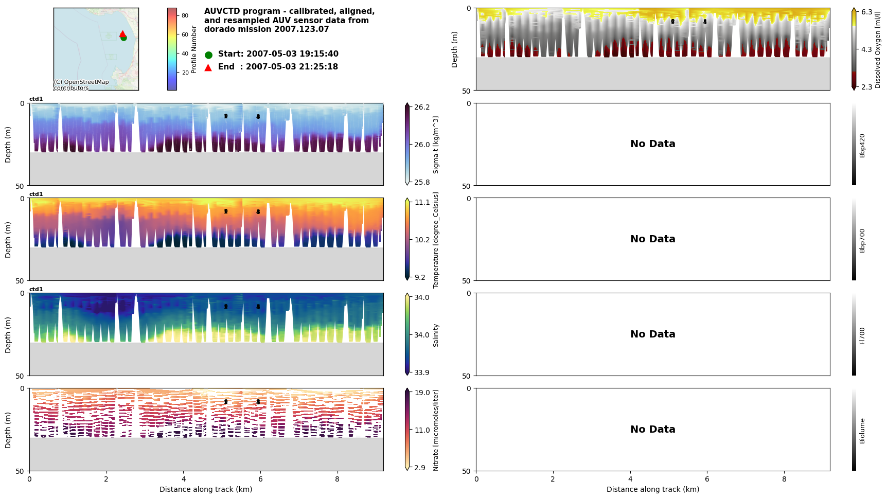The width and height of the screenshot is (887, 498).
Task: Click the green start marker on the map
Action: click(x=123, y=38)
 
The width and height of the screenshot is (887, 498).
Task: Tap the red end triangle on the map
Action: click(x=122, y=34)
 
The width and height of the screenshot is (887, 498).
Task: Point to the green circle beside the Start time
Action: click(x=208, y=55)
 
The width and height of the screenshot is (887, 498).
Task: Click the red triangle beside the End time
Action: click(x=208, y=67)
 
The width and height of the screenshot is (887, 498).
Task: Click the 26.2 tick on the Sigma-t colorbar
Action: click(x=422, y=107)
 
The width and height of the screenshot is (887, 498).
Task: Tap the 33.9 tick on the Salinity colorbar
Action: click(x=422, y=372)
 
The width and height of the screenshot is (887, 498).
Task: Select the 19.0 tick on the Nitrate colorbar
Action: click(x=422, y=393)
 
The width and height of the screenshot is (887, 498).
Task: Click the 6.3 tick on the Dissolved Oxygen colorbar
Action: click(x=866, y=12)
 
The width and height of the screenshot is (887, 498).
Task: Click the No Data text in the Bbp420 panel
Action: click(x=652, y=144)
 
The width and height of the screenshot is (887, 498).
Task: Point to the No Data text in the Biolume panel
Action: click(x=652, y=430)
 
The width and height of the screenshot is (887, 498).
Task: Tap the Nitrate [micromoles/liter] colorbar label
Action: click(x=436, y=430)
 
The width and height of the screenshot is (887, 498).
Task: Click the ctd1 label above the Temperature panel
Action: click(x=36, y=194)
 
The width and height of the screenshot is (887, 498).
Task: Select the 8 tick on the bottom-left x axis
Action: click(x=338, y=478)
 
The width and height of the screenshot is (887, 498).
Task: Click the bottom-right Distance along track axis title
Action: click(x=652, y=489)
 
